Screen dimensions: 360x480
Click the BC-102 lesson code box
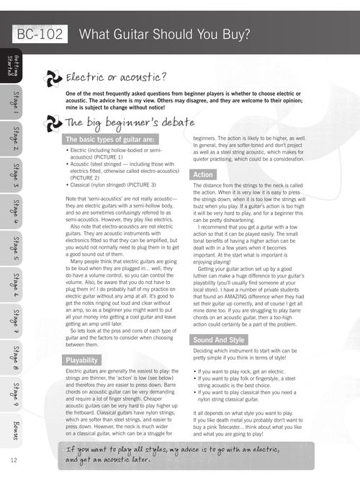point(39,34)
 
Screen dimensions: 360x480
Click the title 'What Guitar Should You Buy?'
point(165,34)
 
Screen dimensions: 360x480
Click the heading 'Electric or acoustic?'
point(116,77)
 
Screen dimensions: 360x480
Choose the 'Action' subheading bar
point(202,174)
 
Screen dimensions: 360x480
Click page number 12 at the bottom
point(14,460)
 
